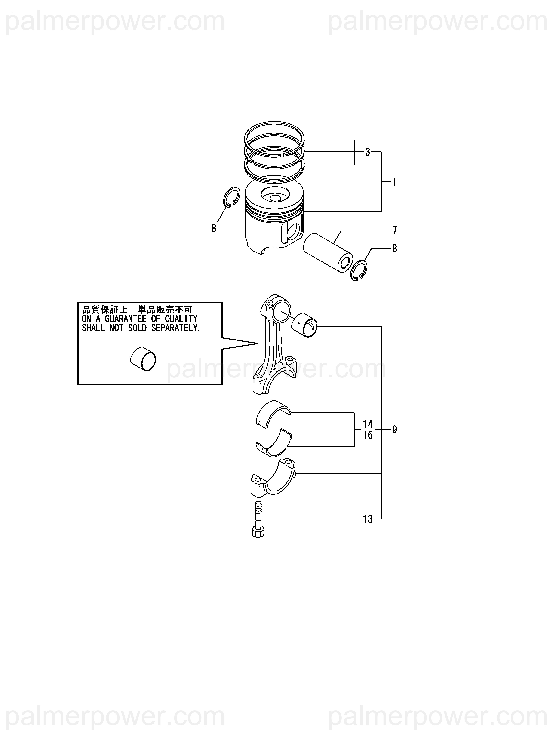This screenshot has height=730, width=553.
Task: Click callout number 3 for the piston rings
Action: (x=367, y=152)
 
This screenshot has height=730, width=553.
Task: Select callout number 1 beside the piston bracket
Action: (x=394, y=182)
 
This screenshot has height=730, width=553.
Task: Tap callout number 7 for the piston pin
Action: (x=395, y=230)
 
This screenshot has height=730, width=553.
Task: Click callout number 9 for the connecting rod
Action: (x=394, y=430)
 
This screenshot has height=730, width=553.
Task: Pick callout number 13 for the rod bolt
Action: (x=367, y=519)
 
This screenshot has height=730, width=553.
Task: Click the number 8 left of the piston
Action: (x=214, y=228)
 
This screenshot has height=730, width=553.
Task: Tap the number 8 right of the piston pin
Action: (x=395, y=248)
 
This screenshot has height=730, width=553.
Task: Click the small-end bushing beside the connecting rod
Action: (x=304, y=325)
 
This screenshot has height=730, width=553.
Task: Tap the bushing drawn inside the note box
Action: (x=143, y=359)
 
